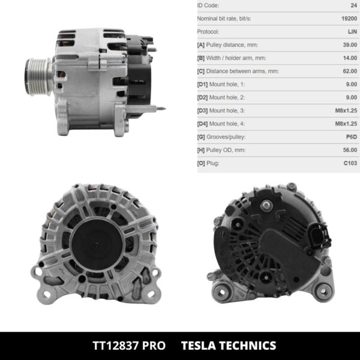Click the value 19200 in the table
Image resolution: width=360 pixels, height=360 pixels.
click(347, 19)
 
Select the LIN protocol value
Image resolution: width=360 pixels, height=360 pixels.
click(352, 32)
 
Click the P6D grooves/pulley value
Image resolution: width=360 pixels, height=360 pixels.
click(350, 137)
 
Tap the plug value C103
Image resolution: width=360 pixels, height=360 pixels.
click(350, 163)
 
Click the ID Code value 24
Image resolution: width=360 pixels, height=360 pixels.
click(353, 5)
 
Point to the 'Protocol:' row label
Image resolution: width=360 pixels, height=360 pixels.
click(208, 32)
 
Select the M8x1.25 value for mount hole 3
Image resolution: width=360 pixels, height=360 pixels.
click(344, 110)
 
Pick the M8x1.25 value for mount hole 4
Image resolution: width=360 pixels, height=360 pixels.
click(344, 124)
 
